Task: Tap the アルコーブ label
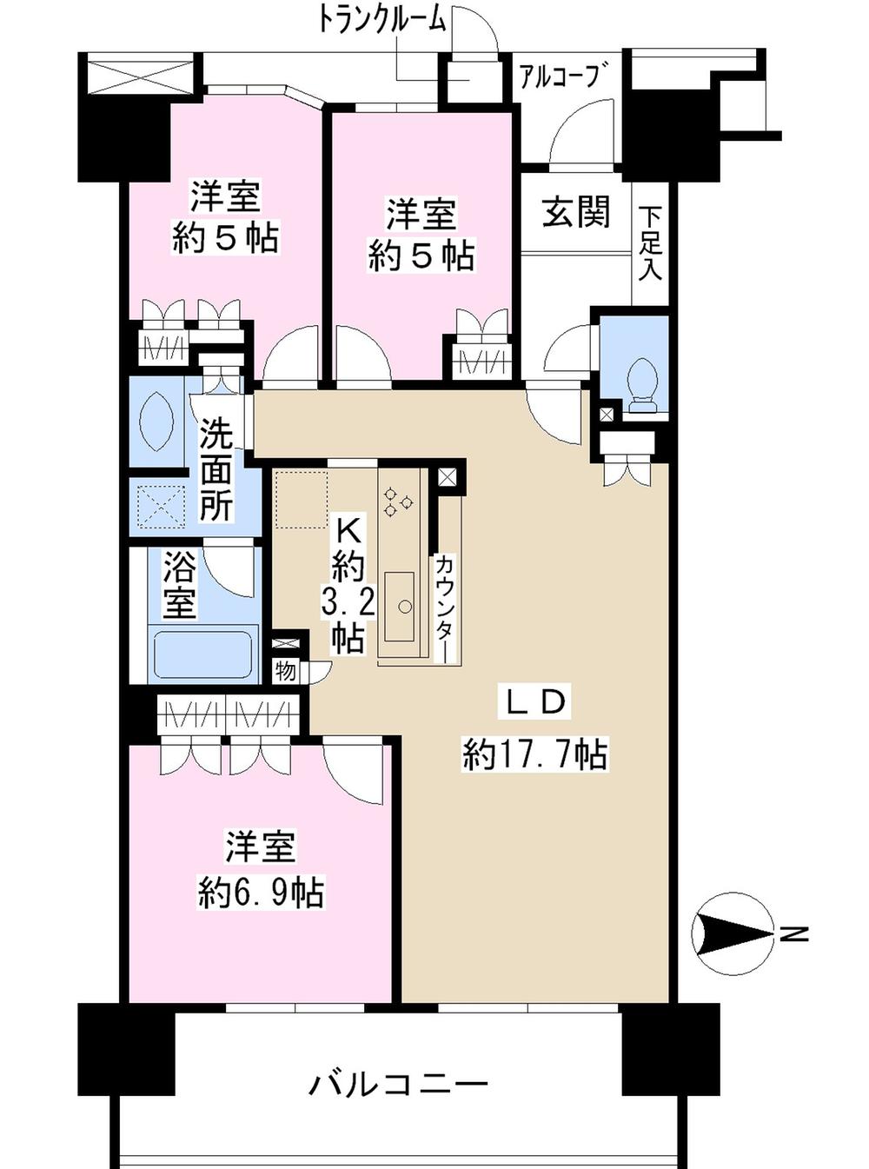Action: coord(558,77)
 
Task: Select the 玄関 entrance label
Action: coord(575,212)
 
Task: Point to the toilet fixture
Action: coord(643,382)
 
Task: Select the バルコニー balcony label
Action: coord(399,1084)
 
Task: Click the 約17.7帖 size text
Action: coord(534,754)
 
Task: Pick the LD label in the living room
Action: coord(536,702)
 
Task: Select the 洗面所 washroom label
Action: coord(216,469)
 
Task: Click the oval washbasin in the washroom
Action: coord(157,422)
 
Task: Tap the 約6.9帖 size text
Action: coord(261,893)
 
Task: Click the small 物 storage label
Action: coord(285,670)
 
